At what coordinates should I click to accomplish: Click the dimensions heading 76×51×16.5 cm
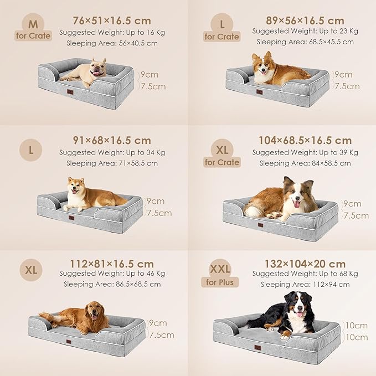112,20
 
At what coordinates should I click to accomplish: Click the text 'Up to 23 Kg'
336,32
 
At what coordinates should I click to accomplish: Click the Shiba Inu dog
89,195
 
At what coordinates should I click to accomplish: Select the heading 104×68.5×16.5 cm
305,141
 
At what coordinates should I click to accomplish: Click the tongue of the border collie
297,204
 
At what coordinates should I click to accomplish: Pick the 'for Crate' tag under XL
222,162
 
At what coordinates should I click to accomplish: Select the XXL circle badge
220,269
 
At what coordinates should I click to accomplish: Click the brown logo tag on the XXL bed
258,348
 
